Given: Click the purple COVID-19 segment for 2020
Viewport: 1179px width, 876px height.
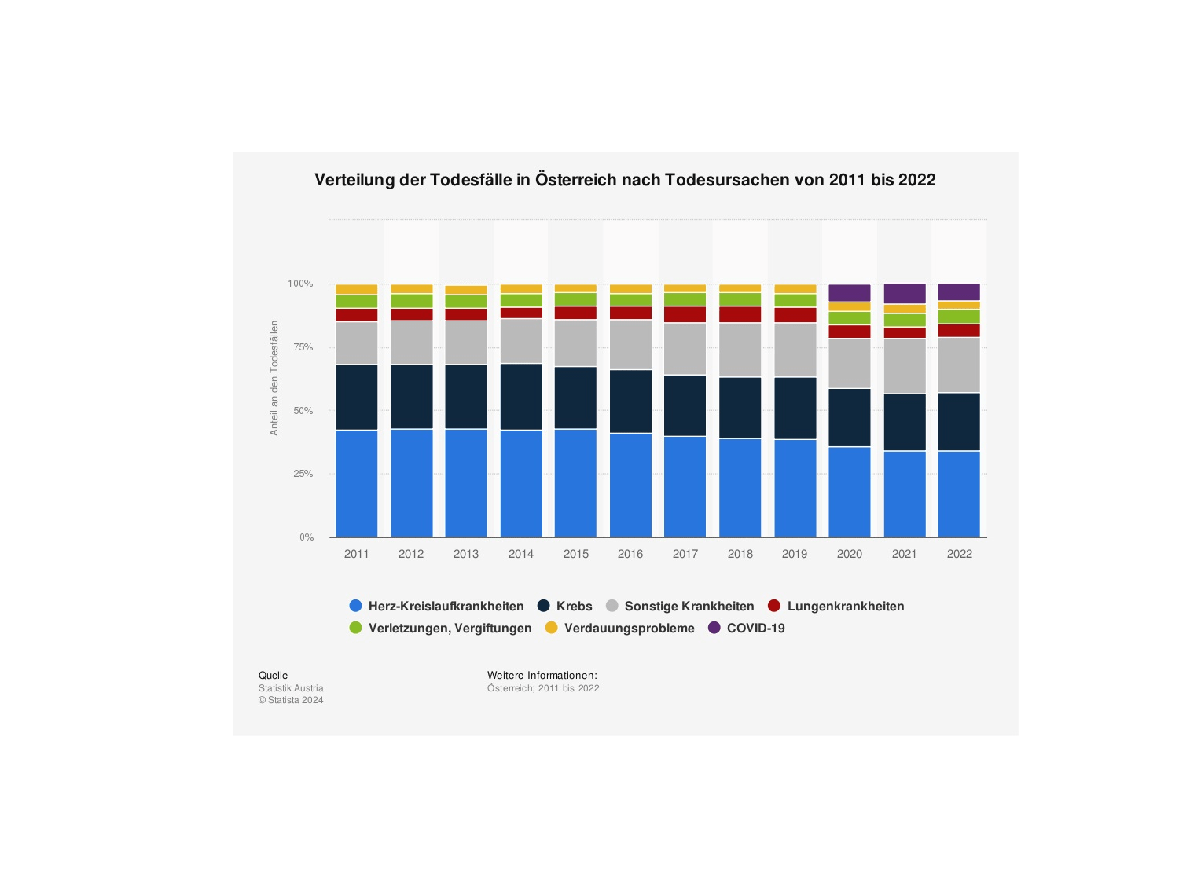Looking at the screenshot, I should (849, 293).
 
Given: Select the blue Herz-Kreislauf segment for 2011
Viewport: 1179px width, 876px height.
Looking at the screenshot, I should (356, 483).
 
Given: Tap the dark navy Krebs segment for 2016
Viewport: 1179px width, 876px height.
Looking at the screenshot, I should (630, 401).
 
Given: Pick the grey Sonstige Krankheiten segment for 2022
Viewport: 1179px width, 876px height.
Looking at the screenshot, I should (959, 365).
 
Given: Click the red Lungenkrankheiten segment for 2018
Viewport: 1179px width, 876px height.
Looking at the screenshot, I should (740, 314).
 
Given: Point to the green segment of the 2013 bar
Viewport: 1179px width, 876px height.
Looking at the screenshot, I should (466, 301).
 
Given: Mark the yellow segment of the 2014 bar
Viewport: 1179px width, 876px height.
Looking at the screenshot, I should (521, 289).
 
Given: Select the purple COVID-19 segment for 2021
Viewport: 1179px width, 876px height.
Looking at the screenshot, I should (904, 293).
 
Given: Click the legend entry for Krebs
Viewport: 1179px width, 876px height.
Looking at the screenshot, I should (574, 606).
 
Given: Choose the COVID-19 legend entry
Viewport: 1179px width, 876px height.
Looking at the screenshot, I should (755, 628).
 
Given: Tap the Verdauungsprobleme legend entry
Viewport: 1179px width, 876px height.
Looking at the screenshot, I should (629, 628).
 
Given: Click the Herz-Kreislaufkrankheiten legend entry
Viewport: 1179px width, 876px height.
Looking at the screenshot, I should (446, 606).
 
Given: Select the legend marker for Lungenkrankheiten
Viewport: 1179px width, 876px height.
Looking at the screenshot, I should (774, 606).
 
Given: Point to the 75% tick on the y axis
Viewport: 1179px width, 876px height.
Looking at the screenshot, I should (303, 347).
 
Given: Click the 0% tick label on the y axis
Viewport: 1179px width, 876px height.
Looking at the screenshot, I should (306, 537).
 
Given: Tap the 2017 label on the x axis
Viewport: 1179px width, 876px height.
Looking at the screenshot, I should (685, 554).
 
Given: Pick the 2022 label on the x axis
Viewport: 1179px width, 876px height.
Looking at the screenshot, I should (959, 554).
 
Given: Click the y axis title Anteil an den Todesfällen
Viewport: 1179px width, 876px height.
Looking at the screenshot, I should (274, 378).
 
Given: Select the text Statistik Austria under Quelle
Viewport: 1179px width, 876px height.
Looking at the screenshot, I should (291, 688).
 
